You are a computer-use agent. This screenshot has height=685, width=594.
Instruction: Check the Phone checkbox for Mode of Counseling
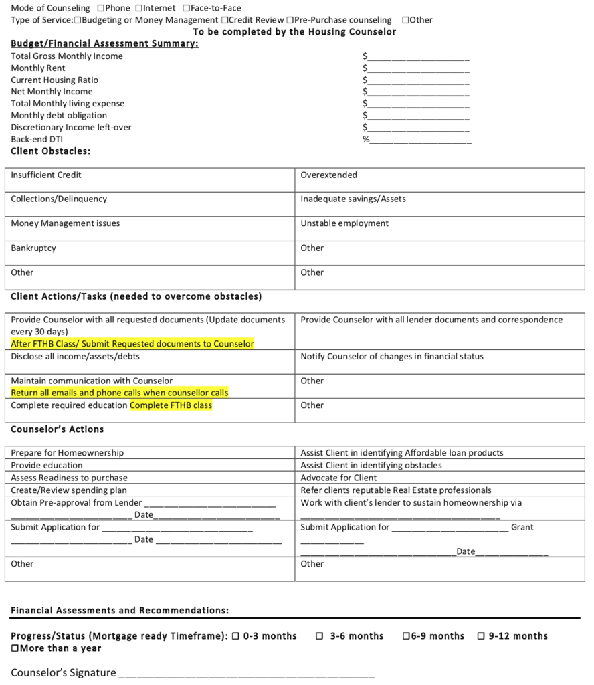click(100, 9)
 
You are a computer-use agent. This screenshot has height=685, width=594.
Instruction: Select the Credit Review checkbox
click(225, 20)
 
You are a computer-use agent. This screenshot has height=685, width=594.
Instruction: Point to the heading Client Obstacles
click(50, 151)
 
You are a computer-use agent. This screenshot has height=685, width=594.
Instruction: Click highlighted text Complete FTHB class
click(171, 405)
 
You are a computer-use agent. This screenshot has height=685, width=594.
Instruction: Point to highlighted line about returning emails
click(120, 393)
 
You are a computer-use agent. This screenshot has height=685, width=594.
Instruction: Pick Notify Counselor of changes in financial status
click(392, 357)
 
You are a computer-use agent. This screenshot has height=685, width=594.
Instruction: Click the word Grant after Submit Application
click(522, 527)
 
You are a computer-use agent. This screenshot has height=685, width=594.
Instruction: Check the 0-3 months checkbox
click(235, 636)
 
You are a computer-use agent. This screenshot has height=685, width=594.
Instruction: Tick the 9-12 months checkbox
click(481, 636)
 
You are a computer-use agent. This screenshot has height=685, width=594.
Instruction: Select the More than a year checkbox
click(15, 648)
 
